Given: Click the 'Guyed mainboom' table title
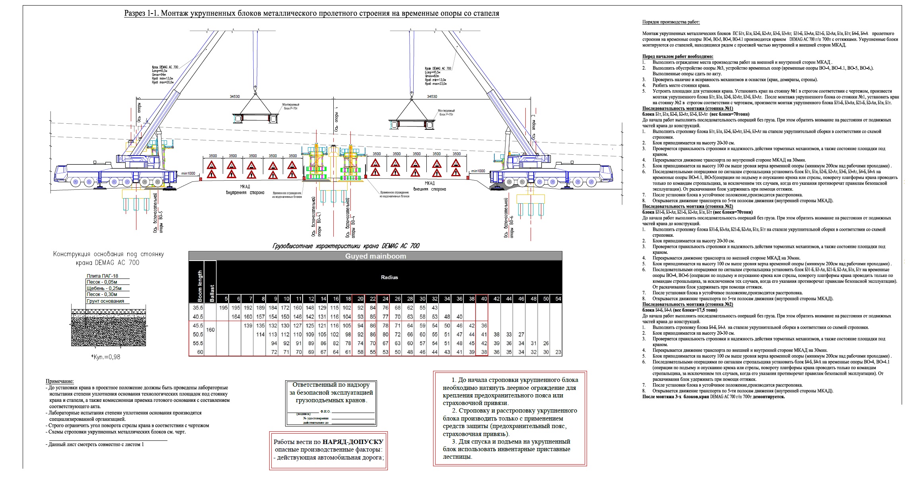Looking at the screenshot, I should (375, 256).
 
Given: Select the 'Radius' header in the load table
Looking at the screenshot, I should (389, 277).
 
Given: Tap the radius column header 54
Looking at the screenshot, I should (558, 299).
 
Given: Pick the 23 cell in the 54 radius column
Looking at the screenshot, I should (558, 352).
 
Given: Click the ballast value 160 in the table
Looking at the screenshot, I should (210, 330).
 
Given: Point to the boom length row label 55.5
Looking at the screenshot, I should (198, 343).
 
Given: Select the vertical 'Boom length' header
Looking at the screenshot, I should (200, 286).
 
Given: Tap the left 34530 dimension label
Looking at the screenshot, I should (235, 97).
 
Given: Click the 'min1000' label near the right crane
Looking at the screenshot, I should (478, 171).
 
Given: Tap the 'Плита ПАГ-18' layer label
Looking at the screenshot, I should (102, 276).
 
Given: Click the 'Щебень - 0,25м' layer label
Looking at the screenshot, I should (104, 288).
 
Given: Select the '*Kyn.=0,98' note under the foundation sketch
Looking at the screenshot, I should (105, 357).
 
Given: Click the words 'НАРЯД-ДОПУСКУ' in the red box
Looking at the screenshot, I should (353, 442).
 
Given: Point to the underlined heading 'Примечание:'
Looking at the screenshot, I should (60, 382).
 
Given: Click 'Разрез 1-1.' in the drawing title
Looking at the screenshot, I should (142, 14).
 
